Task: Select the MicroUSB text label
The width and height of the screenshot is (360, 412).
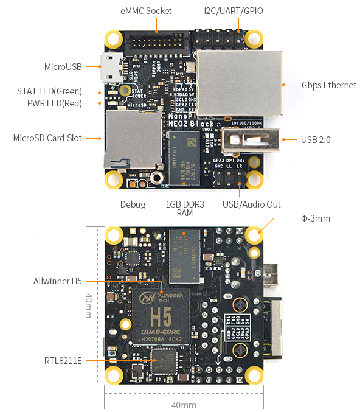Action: pyautogui.click(x=63, y=66)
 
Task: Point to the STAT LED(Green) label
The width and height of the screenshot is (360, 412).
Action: pyautogui.click(x=49, y=91)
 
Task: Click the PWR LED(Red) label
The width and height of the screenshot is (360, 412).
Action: pyautogui.click(x=55, y=103)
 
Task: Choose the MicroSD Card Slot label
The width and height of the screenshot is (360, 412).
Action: pyautogui.click(x=47, y=138)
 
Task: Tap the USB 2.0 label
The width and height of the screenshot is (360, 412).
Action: pyautogui.click(x=316, y=139)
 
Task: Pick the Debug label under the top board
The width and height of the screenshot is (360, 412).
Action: pyautogui.click(x=133, y=204)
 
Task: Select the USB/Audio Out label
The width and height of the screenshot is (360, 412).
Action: pyautogui.click(x=251, y=204)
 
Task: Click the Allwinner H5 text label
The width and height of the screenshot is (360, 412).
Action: pyautogui.click(x=58, y=281)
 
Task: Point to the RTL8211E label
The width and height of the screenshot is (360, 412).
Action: pyautogui.click(x=63, y=360)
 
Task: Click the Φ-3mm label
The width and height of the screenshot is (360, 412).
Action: pyautogui.click(x=316, y=218)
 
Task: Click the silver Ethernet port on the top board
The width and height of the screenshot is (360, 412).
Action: pyautogui.click(x=240, y=82)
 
